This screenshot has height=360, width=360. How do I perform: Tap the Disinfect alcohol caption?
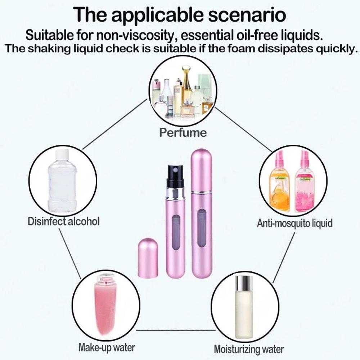point(63,221)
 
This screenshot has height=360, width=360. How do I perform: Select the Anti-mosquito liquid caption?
point(294,223)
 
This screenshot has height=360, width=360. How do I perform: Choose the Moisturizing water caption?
point(249,349)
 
